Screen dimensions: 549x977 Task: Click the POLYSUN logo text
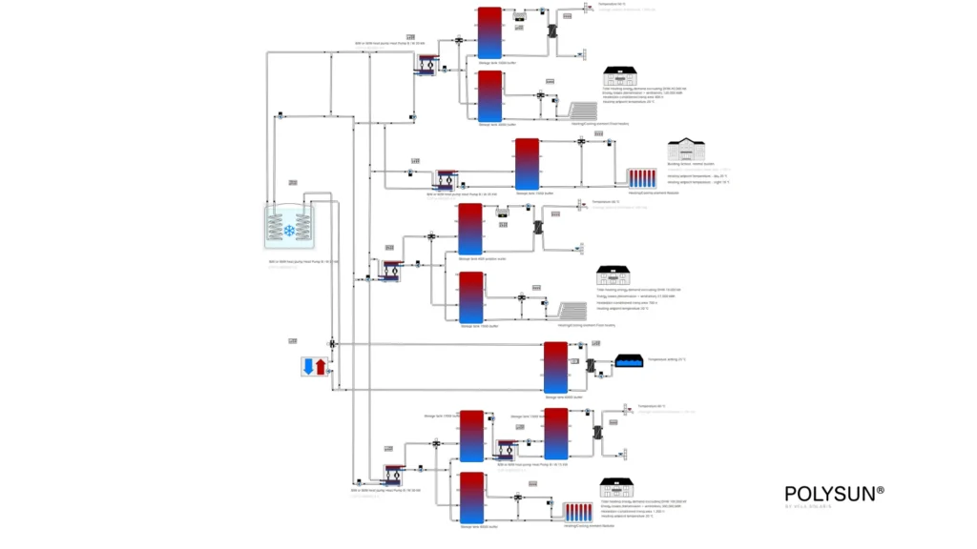click(834, 493)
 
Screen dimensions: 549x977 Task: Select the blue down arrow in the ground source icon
click(307, 367)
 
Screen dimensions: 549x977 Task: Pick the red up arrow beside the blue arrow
click(321, 367)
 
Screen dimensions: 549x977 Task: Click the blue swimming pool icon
click(630, 361)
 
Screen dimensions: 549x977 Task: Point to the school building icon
click(685, 150)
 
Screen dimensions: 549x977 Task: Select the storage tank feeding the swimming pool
click(555, 367)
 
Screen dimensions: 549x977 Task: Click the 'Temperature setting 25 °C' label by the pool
click(667, 359)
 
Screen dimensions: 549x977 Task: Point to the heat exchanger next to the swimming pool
click(592, 365)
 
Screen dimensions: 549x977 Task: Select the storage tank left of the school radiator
click(527, 164)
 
